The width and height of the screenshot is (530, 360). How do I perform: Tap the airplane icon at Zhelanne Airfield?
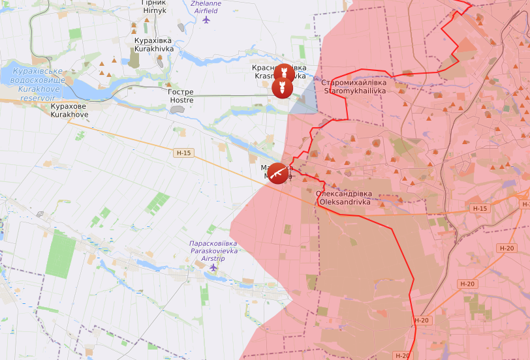[207, 20]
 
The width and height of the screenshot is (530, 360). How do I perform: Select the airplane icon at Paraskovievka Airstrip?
[213, 267]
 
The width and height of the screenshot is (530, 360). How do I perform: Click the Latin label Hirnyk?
[154, 11]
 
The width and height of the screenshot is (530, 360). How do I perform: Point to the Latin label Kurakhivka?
[154, 48]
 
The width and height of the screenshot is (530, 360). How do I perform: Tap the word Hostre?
[181, 100]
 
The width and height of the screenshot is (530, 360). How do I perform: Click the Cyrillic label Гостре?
[181, 93]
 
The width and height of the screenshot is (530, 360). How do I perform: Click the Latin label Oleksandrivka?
[344, 202]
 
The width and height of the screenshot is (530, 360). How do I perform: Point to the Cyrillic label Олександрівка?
[344, 194]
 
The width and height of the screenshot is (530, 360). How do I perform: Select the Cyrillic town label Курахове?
[69, 106]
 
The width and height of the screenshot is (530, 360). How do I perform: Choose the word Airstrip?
[213, 258]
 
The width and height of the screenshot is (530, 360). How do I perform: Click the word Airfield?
[206, 11]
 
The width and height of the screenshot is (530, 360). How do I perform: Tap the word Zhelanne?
[206, 3]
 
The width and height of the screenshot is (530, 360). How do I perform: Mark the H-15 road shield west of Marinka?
[184, 153]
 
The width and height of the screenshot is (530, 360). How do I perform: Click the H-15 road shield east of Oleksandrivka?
[480, 209]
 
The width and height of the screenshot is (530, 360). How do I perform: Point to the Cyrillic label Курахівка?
[154, 40]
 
